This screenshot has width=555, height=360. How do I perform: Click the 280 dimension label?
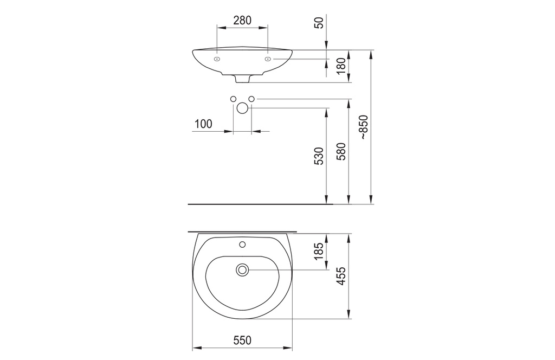point(242,20)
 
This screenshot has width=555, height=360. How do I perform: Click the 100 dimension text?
point(203,124)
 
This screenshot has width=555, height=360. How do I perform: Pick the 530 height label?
point(319,156)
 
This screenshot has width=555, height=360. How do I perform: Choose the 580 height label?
point(341,152)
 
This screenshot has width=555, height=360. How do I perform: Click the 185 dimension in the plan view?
point(319,250)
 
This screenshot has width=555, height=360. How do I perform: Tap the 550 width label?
point(242,340)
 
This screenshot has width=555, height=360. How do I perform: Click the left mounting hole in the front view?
point(217,59)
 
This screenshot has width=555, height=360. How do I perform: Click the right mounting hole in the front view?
point(268,59)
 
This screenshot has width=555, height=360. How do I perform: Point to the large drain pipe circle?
point(242,108)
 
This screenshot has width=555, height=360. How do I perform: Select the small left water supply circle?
point(233,99)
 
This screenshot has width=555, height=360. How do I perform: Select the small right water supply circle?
point(251,99)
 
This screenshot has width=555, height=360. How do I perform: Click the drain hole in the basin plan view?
point(242,269)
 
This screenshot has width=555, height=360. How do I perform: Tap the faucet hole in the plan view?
point(242,243)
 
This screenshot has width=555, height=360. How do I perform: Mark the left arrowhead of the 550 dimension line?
point(196,348)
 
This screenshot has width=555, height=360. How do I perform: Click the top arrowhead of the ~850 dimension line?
point(371,53)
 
